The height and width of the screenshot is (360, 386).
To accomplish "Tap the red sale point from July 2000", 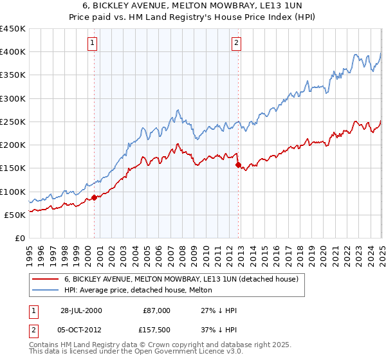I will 94,197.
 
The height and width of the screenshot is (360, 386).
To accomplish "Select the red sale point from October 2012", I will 238,165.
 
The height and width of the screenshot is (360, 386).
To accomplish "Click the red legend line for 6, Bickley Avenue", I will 44,280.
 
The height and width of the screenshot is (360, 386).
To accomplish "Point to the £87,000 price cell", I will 156,310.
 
